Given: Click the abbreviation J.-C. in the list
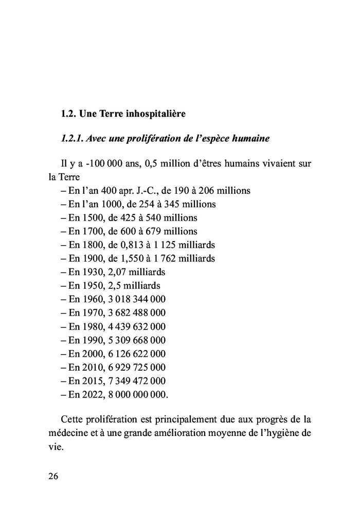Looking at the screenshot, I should pos(149,191).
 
